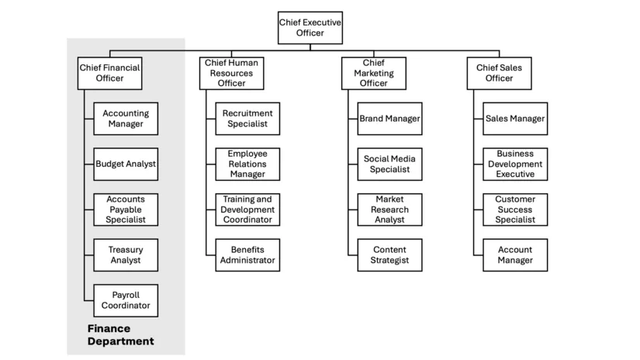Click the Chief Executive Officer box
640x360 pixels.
pyautogui.click(x=310, y=28)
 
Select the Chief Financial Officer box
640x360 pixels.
pyautogui.click(x=110, y=73)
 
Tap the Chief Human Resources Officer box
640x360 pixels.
pyautogui.click(x=231, y=73)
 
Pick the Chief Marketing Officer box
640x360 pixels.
pyautogui.click(x=373, y=73)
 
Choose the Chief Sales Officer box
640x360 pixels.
pyautogui.click(x=499, y=73)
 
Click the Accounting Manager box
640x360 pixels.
pyautogui.click(x=126, y=119)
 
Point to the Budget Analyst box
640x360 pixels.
pyautogui.click(x=126, y=164)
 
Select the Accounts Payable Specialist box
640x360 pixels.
pyautogui.click(x=126, y=209)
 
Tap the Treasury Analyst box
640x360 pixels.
pyautogui.click(x=126, y=255)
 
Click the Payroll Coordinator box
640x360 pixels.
pyautogui.click(x=126, y=300)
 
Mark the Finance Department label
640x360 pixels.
pyautogui.click(x=120, y=335)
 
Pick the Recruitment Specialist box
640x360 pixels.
pyautogui.click(x=247, y=119)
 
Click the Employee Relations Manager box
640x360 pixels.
pyautogui.click(x=247, y=164)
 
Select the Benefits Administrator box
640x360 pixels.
pyautogui.click(x=247, y=255)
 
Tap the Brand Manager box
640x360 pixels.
pyautogui.click(x=389, y=119)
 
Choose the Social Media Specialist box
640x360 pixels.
pyautogui.click(x=389, y=164)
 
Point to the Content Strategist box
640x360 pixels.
pyautogui.click(x=389, y=255)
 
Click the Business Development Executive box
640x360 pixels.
pyautogui.click(x=515, y=164)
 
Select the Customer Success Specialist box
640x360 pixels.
pyautogui.click(x=515, y=209)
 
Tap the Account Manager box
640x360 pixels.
pyautogui.click(x=515, y=255)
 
